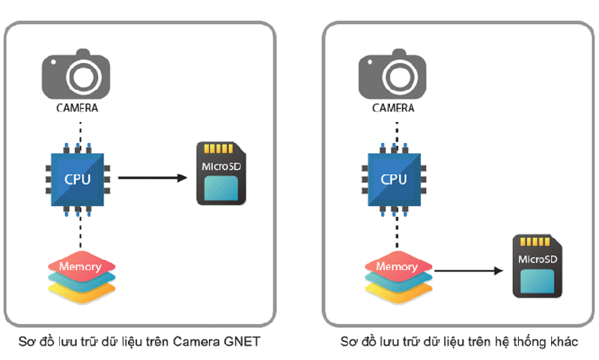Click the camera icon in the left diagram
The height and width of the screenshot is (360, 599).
coord(77,76)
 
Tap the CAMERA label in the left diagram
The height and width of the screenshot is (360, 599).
coord(78,107)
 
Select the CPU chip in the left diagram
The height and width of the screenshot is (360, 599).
coord(77,179)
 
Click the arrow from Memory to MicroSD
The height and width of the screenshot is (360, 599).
coord(468,271)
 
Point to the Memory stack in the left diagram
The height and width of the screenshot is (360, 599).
coord(78,275)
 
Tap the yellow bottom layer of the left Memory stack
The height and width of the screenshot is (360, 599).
coord(78,291)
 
